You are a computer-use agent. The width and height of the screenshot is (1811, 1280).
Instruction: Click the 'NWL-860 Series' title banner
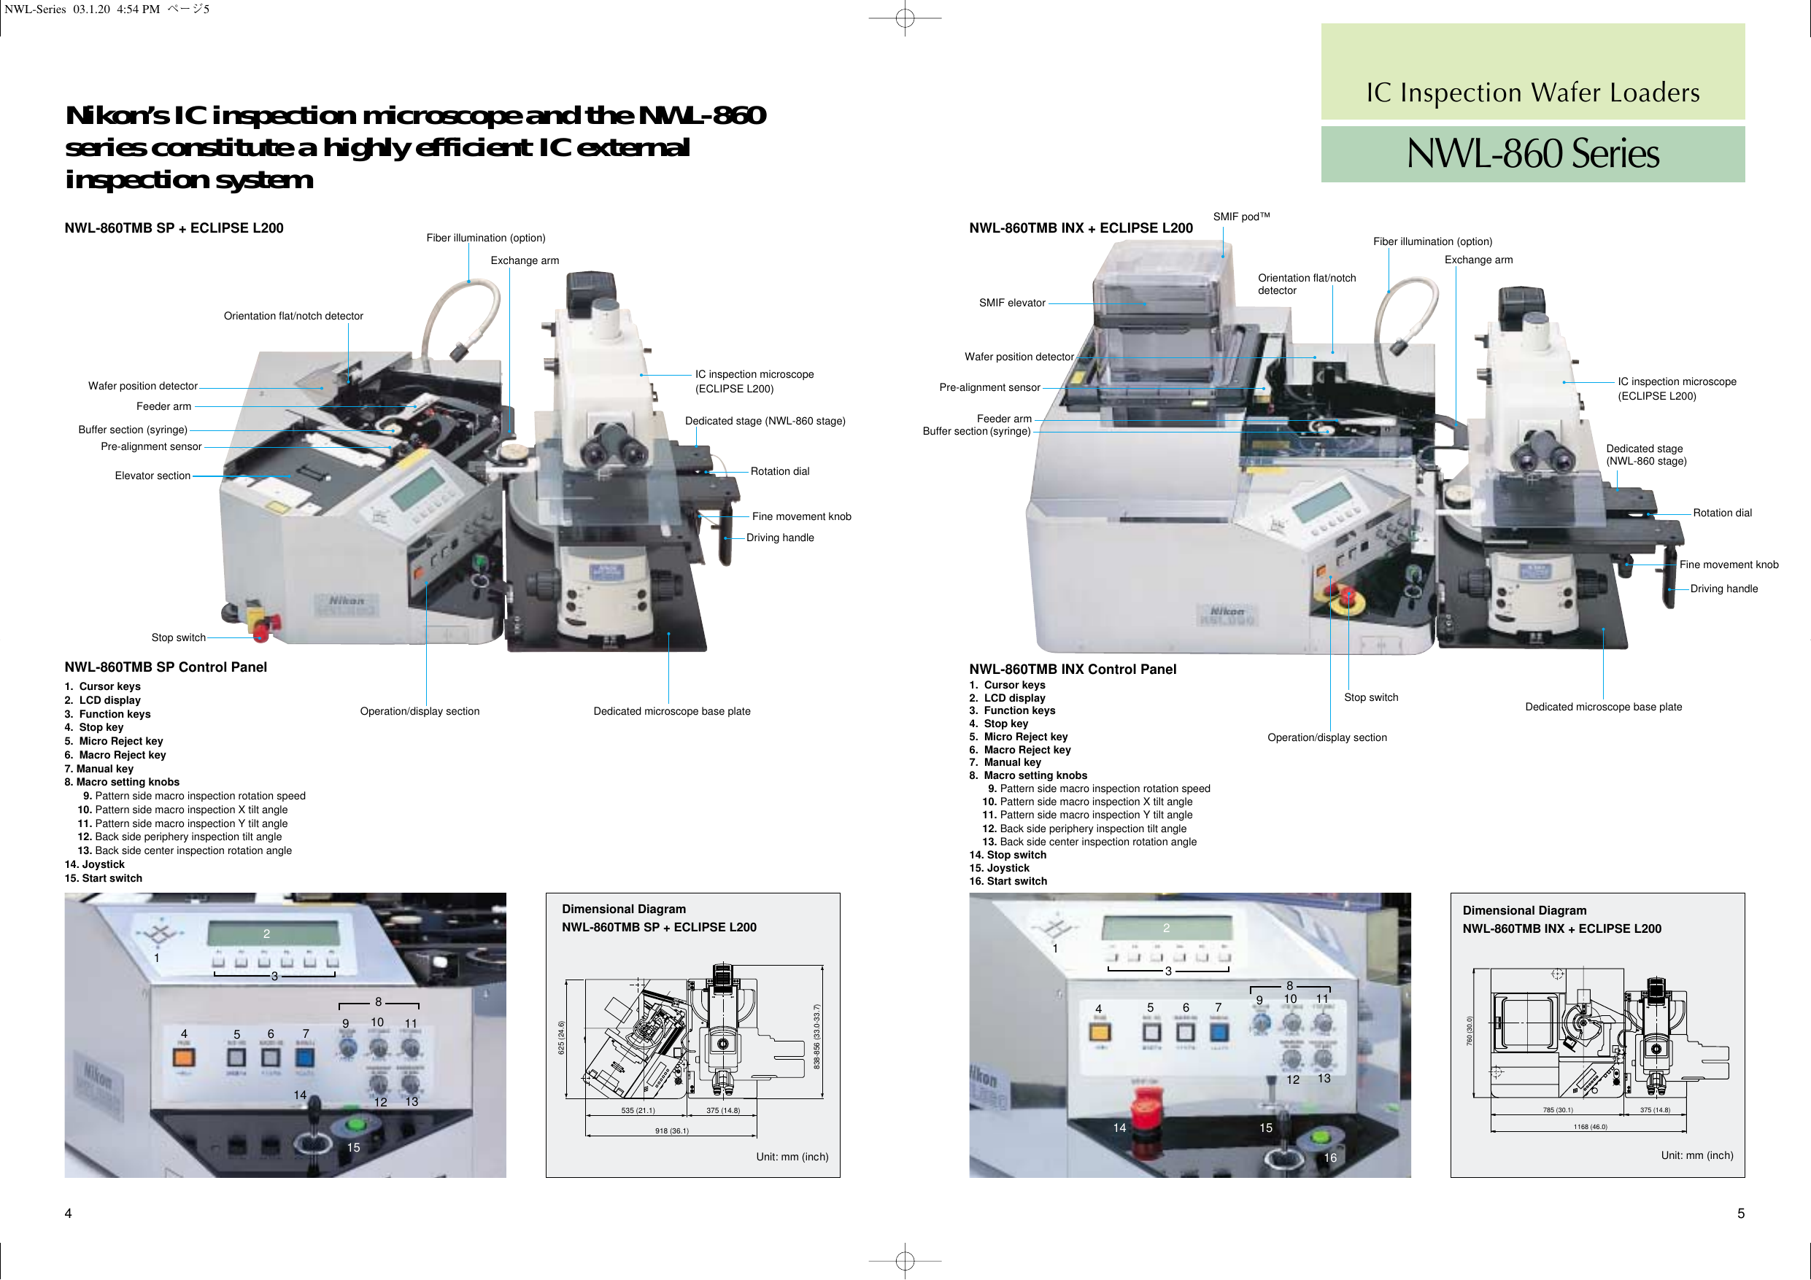click(x=1532, y=154)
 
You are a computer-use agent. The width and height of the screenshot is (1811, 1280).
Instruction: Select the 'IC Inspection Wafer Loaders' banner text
click(x=1532, y=93)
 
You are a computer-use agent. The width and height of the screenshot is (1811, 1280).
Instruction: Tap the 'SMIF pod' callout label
click(x=1240, y=217)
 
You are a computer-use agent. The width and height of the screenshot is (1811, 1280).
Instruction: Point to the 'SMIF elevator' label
click(x=1012, y=303)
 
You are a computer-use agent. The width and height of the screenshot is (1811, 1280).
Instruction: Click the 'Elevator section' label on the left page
click(x=152, y=476)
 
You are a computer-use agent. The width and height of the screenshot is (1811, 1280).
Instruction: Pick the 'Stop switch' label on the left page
click(x=178, y=638)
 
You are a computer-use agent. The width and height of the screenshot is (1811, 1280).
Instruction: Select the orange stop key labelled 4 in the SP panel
click(x=184, y=1056)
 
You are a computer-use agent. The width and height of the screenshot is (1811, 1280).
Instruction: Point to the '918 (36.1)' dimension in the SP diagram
click(x=671, y=1131)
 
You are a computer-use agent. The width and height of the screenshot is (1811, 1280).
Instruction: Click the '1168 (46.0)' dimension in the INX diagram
click(x=1590, y=1127)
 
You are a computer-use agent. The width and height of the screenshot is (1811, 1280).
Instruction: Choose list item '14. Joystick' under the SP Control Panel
click(x=95, y=864)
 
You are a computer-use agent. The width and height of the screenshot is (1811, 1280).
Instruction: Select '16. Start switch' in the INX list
click(x=1008, y=882)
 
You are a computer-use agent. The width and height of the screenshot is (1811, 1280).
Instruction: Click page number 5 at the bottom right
click(x=1741, y=1214)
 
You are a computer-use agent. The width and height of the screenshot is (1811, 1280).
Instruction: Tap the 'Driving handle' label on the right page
click(x=1723, y=589)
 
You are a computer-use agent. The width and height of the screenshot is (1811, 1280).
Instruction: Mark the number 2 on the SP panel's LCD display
click(x=266, y=934)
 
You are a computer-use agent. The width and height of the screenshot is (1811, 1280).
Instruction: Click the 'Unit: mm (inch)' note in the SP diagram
click(x=792, y=1157)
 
